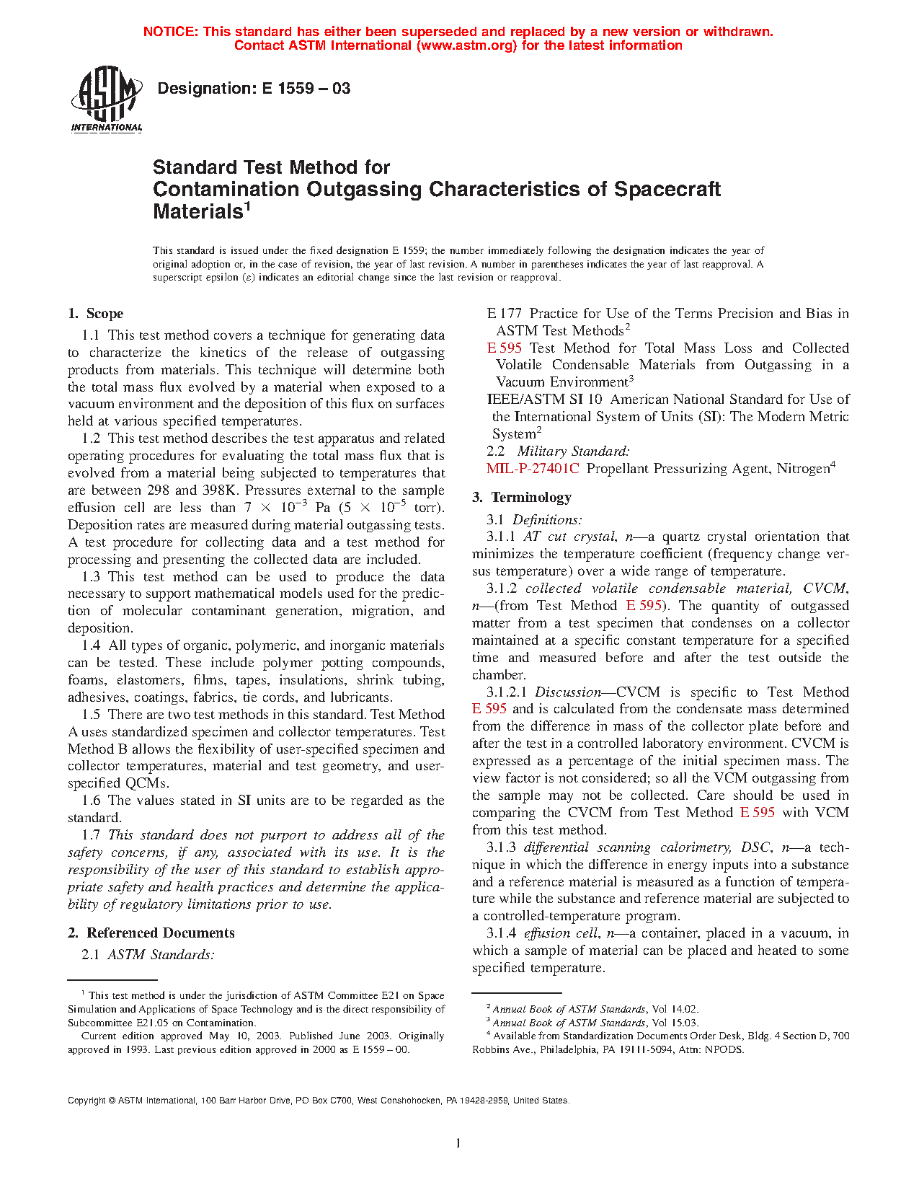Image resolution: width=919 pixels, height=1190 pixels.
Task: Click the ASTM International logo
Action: (x=107, y=100)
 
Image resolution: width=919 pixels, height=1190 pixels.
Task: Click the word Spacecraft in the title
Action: (x=667, y=189)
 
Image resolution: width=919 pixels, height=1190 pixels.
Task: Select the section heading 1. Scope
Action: (x=96, y=314)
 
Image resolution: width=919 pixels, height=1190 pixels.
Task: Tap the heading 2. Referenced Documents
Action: (x=151, y=933)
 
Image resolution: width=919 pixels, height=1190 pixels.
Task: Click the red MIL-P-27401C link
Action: (x=533, y=469)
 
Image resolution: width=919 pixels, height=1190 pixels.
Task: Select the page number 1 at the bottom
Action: (x=458, y=1142)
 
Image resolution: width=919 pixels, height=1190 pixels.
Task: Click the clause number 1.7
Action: (x=91, y=835)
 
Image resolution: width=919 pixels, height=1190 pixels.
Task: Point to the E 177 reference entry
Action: (x=504, y=314)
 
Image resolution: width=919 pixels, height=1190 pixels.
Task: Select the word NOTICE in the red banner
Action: (x=169, y=32)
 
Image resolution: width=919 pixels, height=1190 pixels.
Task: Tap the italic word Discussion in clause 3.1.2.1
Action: (x=568, y=692)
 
